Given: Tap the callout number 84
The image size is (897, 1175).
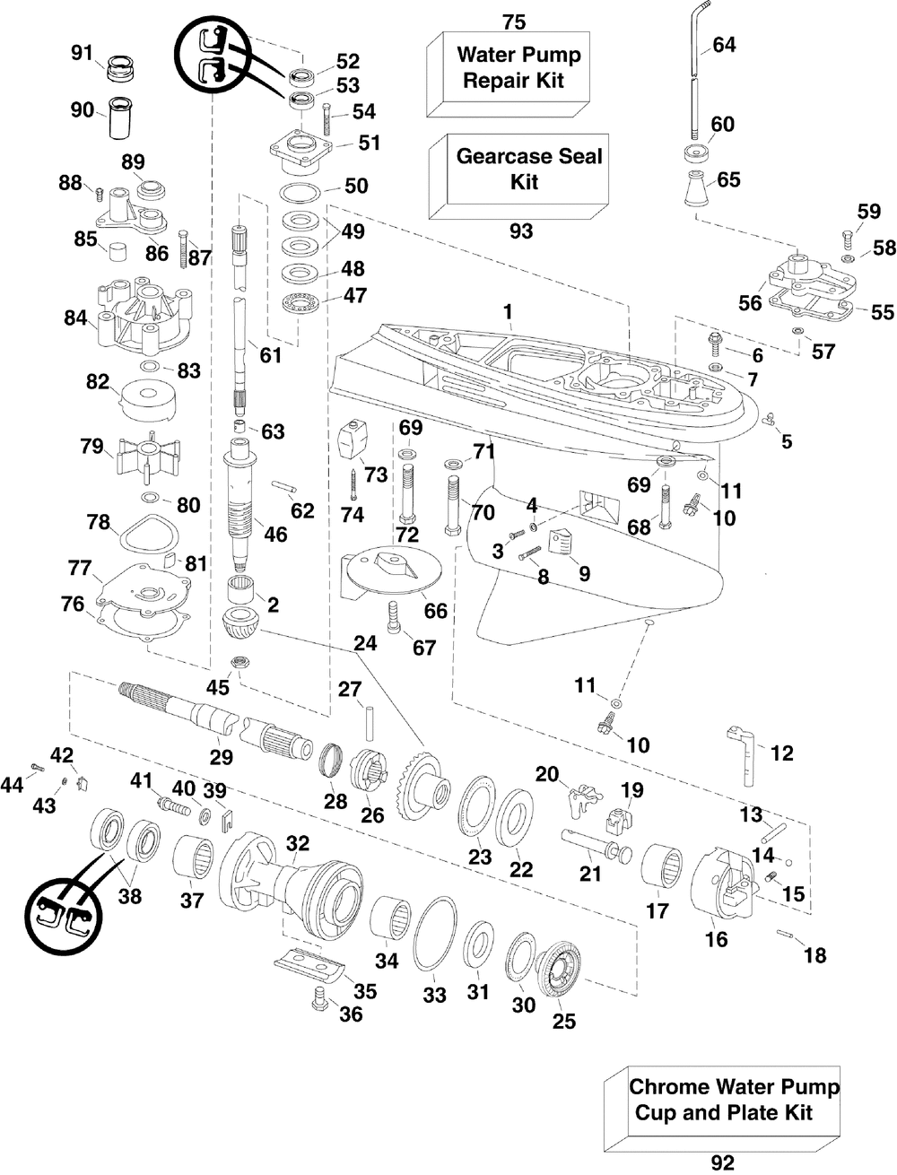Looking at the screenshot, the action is (75, 318).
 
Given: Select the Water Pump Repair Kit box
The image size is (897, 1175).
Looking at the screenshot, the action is (509, 74).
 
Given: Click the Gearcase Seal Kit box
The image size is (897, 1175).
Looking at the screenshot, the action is (519, 177).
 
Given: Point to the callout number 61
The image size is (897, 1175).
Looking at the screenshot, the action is (270, 355).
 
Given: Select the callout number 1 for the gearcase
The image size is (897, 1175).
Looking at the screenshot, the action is (508, 311).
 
